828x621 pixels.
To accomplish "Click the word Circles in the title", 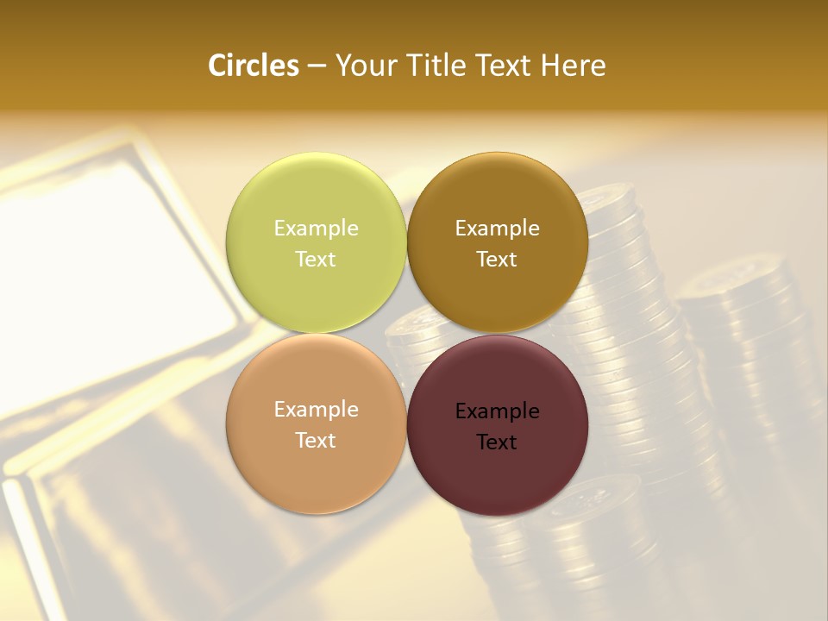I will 253,66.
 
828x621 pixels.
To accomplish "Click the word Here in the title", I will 574,66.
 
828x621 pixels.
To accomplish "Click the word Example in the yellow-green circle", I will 316,229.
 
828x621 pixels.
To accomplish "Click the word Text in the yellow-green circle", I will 316,260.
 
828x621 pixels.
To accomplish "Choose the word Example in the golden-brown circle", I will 497,229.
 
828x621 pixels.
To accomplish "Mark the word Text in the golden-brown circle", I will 497,260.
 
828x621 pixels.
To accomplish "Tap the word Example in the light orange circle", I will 316,410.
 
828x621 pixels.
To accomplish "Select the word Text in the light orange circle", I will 316,441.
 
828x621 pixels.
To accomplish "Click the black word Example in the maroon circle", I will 497,411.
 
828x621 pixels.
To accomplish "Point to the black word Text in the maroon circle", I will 497,442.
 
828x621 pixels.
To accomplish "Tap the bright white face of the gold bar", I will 121,250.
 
